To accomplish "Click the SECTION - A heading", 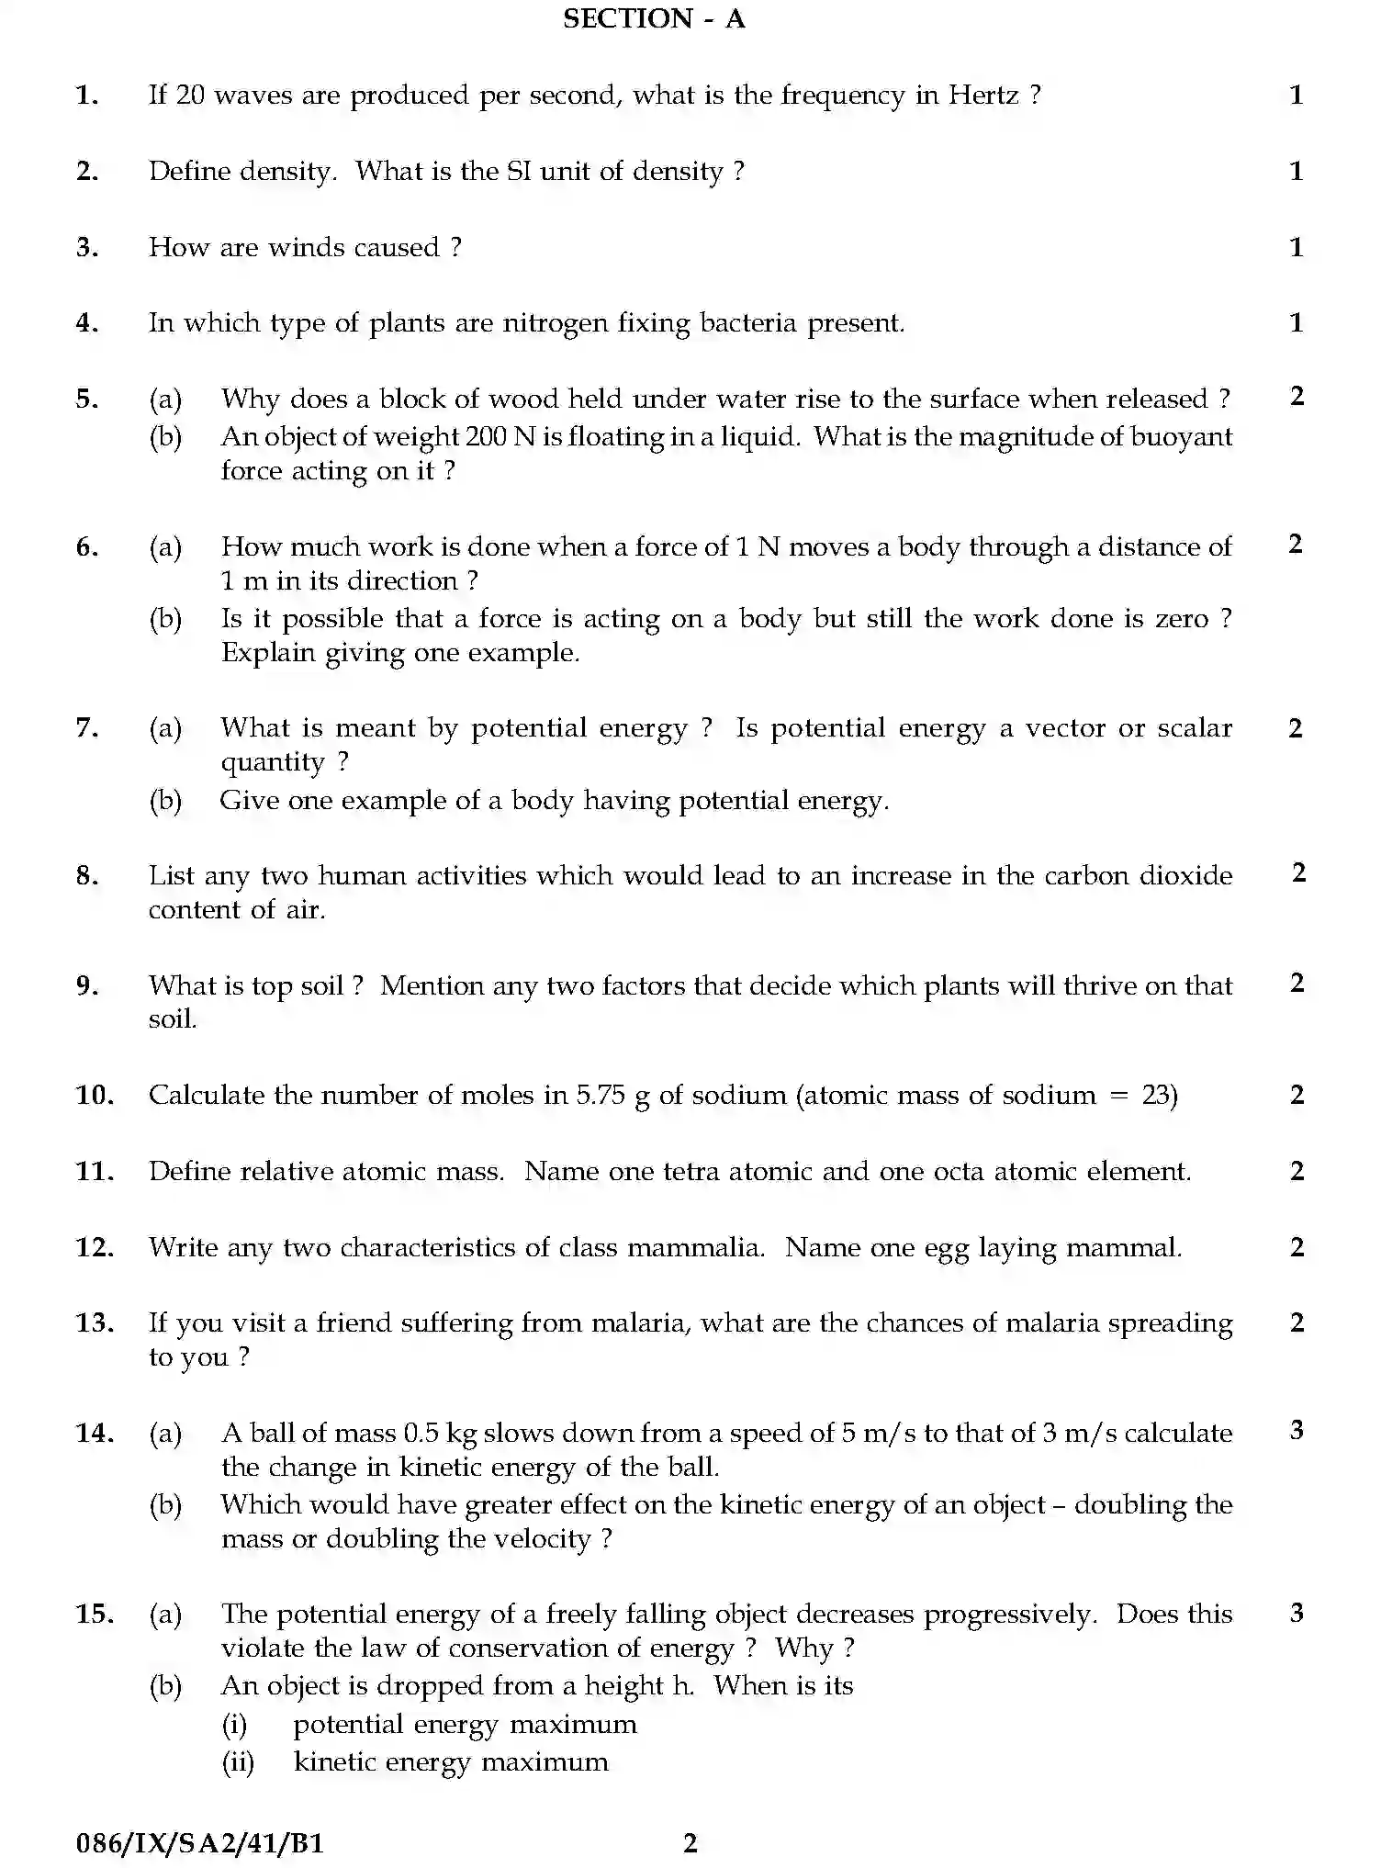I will pos(653,18).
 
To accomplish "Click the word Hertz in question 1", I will pos(982,96).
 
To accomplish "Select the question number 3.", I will pos(86,247).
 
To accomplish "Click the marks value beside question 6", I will pos(1296,545).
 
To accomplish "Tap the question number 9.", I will pos(86,985).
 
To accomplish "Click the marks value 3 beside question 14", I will pos(1297,1430).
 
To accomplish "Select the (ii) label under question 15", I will pos(238,1762).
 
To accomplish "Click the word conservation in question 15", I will pos(533,1649).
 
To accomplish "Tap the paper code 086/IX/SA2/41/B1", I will pos(199,1843).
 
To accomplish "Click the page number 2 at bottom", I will pos(690,1843).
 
